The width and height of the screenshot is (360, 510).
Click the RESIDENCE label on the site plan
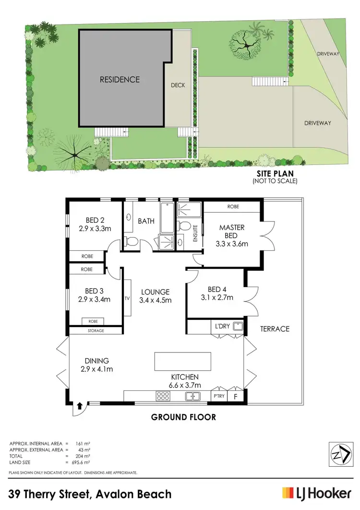click(x=120, y=79)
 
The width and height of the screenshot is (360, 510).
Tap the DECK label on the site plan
click(x=178, y=85)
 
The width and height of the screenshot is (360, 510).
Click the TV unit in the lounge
click(x=128, y=298)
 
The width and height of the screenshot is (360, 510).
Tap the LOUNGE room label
click(x=155, y=291)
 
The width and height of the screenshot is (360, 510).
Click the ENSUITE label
click(x=195, y=232)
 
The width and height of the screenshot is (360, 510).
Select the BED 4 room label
click(x=216, y=289)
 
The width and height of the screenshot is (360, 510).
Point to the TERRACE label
click(x=275, y=329)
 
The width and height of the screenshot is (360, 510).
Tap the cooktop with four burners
click(x=163, y=396)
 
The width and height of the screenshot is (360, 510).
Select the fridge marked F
click(x=236, y=397)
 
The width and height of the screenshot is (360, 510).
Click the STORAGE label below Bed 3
click(x=95, y=330)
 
